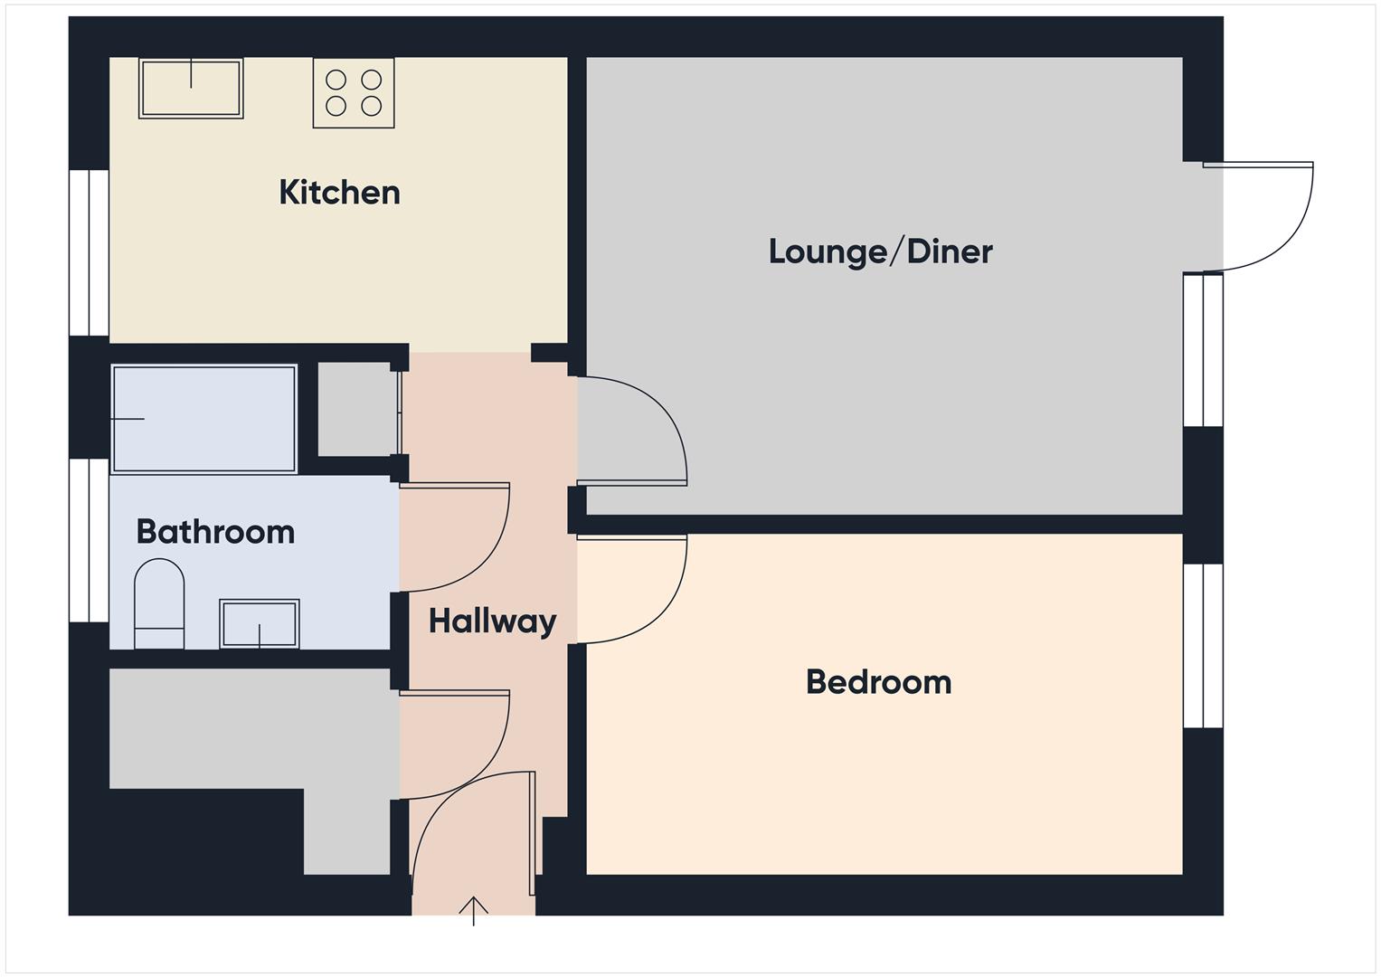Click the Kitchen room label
339,193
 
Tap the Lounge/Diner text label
880,251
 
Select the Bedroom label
878,682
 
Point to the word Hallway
492,621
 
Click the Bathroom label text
215,532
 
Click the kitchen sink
191,88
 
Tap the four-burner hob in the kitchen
354,92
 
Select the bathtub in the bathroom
204,418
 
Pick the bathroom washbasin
260,623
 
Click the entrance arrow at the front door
474,908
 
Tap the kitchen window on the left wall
90,252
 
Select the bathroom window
90,540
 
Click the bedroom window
1204,645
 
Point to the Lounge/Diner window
1204,349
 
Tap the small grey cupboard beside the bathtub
355,409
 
